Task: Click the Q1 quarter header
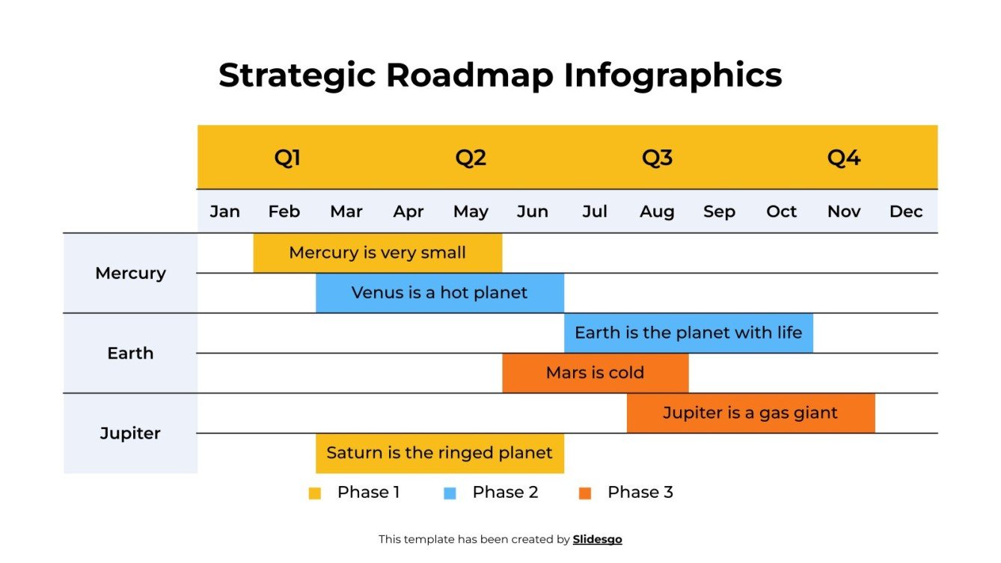(287, 158)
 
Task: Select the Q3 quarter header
(657, 158)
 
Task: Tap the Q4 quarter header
(843, 158)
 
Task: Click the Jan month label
(224, 212)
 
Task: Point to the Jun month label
(532, 212)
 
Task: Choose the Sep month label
(719, 212)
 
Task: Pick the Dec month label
(905, 212)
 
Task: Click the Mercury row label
(130, 273)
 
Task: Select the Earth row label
(130, 353)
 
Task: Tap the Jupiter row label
(130, 433)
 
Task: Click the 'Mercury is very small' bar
(377, 253)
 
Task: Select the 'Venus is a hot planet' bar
(439, 292)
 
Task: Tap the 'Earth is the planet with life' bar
(688, 333)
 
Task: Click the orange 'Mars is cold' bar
(595, 372)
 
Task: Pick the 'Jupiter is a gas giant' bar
(750, 413)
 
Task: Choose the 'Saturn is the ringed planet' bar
(439, 453)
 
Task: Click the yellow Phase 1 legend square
(314, 493)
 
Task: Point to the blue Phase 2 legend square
(450, 493)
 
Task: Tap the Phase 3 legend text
(640, 492)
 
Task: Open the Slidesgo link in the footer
(597, 539)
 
